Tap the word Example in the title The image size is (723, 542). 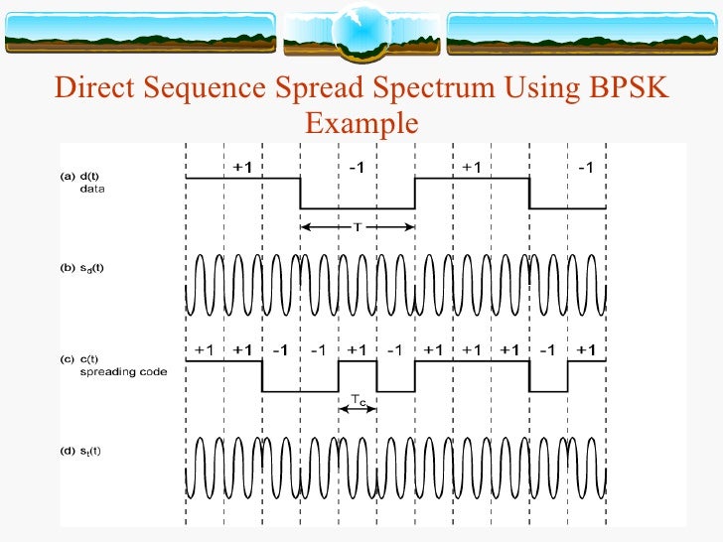361,124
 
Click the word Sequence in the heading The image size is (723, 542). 204,89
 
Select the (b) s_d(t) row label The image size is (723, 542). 89,267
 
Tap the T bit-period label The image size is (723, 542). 359,226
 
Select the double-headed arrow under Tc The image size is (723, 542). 358,409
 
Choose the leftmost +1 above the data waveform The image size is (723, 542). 241,168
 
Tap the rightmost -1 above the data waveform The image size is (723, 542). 586,168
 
